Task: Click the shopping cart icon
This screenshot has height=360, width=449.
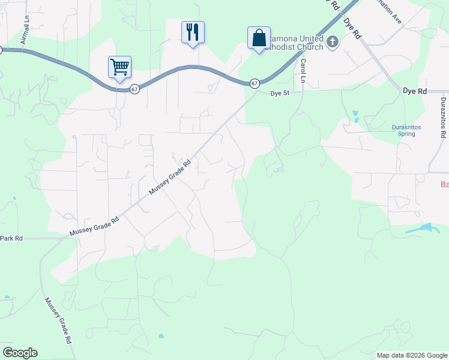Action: point(120,67)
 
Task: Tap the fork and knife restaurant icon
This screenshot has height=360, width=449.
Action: point(193,32)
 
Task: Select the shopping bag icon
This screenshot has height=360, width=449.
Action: point(259,38)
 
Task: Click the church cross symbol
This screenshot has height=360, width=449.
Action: point(333,43)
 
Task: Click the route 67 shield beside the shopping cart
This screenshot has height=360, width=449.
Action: point(134,89)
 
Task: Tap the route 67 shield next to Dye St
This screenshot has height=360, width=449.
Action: point(255,83)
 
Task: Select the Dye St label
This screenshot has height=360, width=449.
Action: point(280,93)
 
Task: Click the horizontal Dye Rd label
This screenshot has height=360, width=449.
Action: point(414,91)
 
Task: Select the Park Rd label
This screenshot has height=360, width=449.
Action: point(11,238)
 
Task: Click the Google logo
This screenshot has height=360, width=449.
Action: point(20,353)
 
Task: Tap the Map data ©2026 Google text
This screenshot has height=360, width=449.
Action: point(412,355)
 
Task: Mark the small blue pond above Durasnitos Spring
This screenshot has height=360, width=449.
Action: point(355,116)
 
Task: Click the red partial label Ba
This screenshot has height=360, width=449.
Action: point(444,184)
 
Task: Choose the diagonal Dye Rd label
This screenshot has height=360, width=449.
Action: point(352,28)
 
